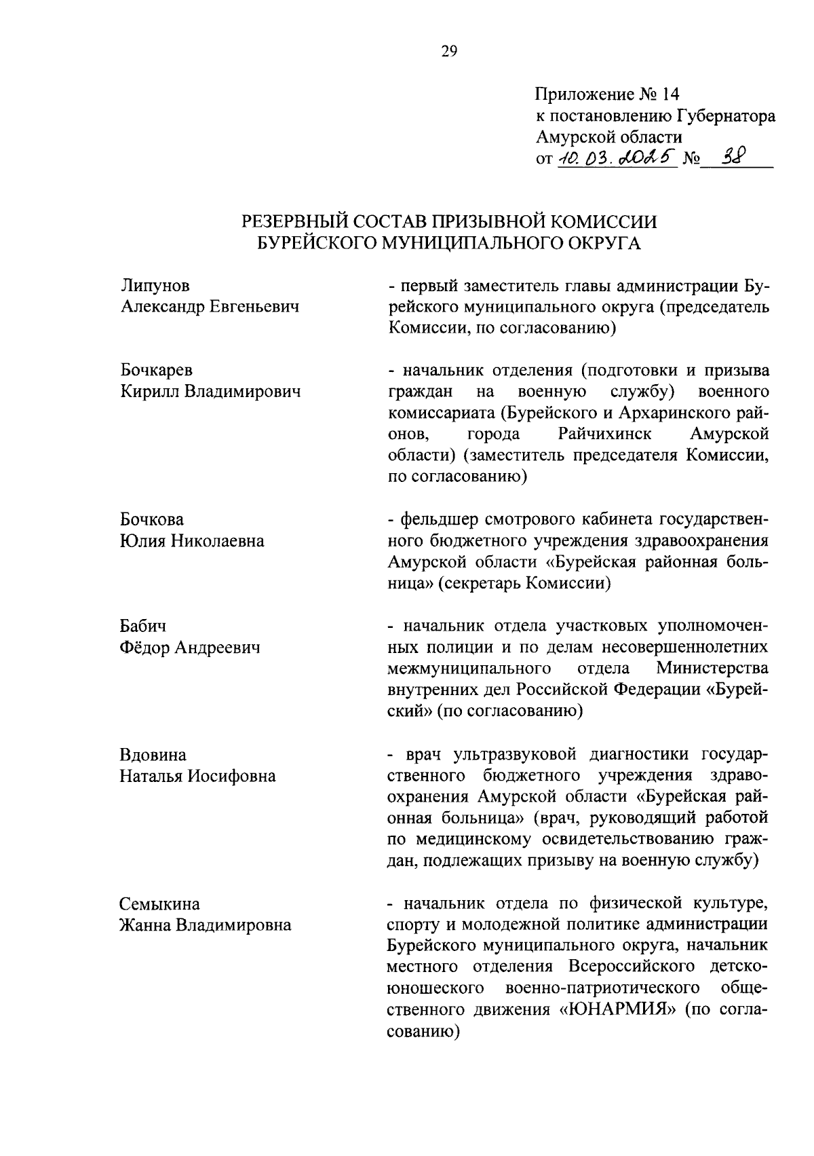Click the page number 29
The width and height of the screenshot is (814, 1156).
[x=449, y=52]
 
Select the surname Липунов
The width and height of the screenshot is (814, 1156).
[x=155, y=286]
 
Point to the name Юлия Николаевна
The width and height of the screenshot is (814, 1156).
[x=192, y=541]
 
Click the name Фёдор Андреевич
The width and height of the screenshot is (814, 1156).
[x=190, y=648]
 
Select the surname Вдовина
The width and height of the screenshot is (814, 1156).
[x=153, y=754]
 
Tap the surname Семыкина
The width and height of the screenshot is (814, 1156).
[x=160, y=903]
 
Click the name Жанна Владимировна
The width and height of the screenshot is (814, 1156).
[x=206, y=925]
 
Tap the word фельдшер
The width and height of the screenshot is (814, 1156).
[x=440, y=520]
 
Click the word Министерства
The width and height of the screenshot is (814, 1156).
[x=712, y=669]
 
